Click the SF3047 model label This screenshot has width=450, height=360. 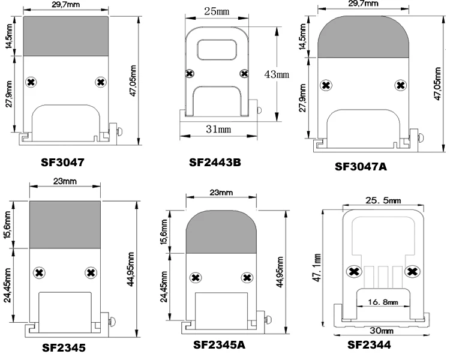pyautogui.click(x=62, y=163)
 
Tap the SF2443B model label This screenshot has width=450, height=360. pyautogui.click(x=215, y=163)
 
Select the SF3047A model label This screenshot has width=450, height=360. pyautogui.click(x=361, y=167)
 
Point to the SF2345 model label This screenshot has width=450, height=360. pyautogui.click(x=64, y=347)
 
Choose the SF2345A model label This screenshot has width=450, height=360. pyautogui.click(x=219, y=344)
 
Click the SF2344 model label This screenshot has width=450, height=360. pyautogui.click(x=369, y=344)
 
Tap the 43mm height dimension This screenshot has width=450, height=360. pyautogui.click(x=277, y=74)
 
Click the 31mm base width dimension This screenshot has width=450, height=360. pyautogui.click(x=218, y=129)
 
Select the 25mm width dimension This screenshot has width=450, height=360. pyautogui.click(x=217, y=11)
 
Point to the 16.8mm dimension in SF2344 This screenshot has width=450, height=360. pyautogui.click(x=383, y=302)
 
